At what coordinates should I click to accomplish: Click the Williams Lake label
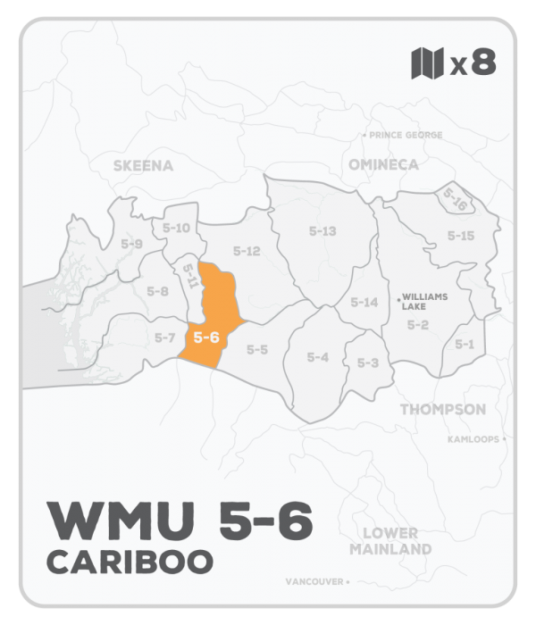click(x=425, y=300)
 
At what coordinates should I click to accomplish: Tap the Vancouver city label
click(x=315, y=581)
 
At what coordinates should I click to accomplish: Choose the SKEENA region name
click(x=143, y=165)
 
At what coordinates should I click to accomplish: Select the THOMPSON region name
click(x=443, y=410)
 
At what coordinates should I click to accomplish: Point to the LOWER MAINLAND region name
click(x=391, y=540)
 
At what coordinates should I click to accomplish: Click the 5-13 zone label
click(x=322, y=231)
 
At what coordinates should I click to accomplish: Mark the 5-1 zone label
click(x=465, y=344)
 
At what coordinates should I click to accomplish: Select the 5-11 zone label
click(x=189, y=277)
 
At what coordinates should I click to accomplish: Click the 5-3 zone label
click(x=368, y=362)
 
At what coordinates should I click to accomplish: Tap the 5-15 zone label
click(x=460, y=236)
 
